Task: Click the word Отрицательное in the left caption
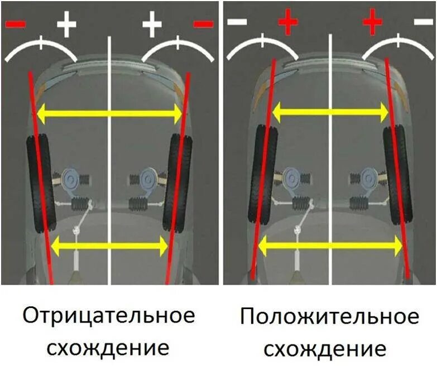[x=109, y=316]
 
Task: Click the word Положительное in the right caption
[x=329, y=317]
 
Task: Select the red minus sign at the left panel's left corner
[x=15, y=24]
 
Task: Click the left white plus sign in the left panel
[x=66, y=24]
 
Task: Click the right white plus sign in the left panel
[x=152, y=24]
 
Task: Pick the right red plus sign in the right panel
[x=372, y=23]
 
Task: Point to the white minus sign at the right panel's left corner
[x=238, y=22]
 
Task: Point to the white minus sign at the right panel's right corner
[x=422, y=22]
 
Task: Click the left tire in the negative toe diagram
[x=40, y=184]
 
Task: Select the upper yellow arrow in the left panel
[x=109, y=114]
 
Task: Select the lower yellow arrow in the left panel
[x=109, y=246]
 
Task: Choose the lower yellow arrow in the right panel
[x=330, y=244]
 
